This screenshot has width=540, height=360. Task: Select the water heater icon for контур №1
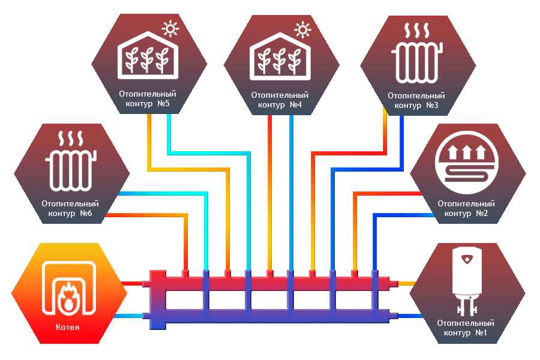pyautogui.click(x=469, y=279)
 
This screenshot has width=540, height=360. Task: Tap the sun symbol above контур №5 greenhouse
pyautogui.click(x=172, y=28)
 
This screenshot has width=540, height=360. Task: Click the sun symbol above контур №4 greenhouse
pyautogui.click(x=303, y=28)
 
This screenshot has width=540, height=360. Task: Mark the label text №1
pyautogui.click(x=481, y=332)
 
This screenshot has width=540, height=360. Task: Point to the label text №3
pyautogui.click(x=431, y=105)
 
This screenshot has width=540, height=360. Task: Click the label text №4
pyautogui.click(x=295, y=105)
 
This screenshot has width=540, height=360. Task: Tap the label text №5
pyautogui.click(x=163, y=104)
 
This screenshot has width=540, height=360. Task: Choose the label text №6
pyautogui.click(x=85, y=214)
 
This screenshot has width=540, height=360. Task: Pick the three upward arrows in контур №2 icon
pyautogui.click(x=468, y=149)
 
